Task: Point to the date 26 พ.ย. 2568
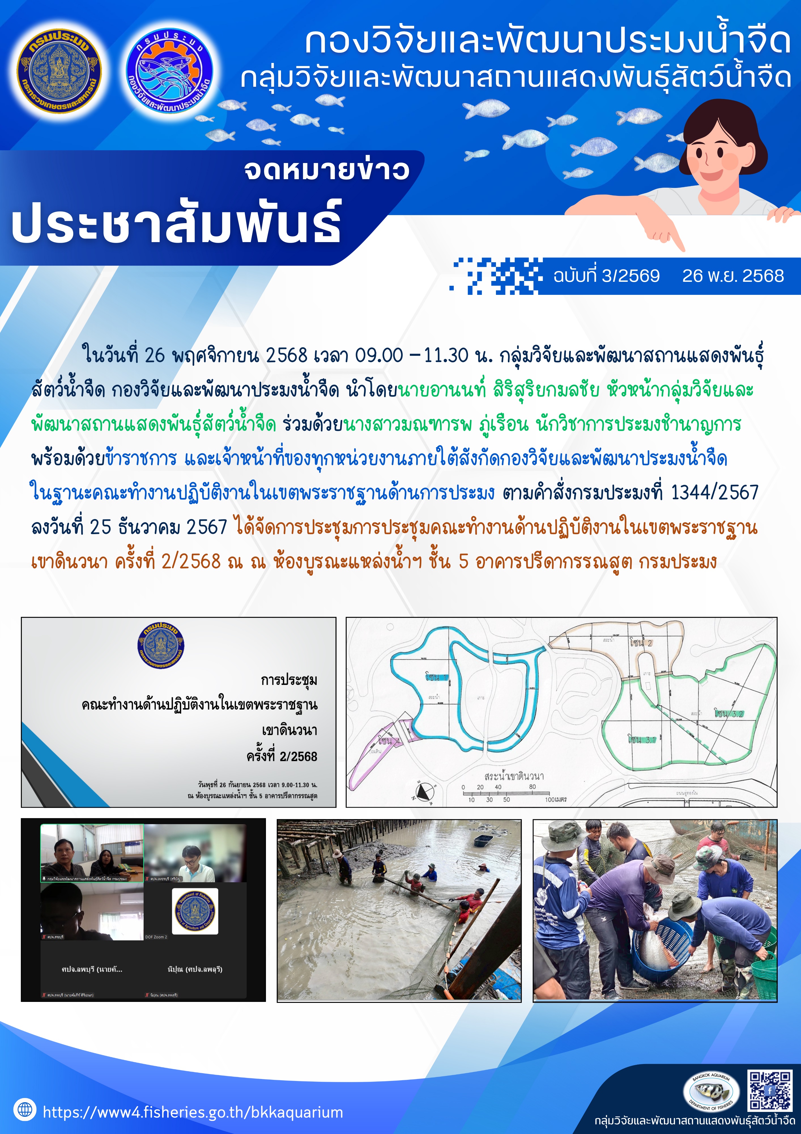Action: [x=733, y=276]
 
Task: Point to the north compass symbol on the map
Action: [x=423, y=792]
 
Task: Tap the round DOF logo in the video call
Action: [x=195, y=911]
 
